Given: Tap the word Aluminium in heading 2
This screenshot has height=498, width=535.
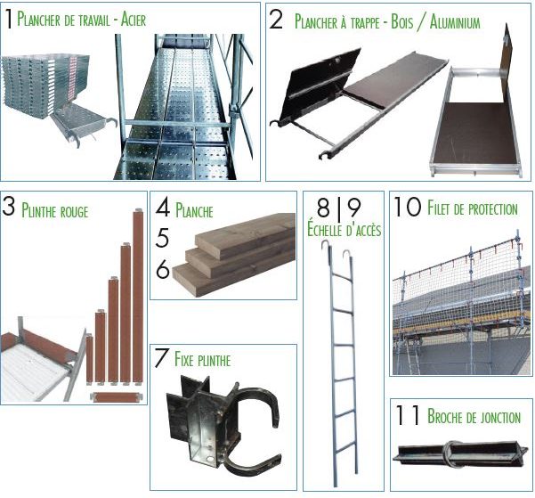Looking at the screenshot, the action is [x=455, y=22].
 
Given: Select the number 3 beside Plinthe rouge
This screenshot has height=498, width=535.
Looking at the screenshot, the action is [x=9, y=207].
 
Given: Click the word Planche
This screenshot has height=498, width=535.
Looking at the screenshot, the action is [x=194, y=209].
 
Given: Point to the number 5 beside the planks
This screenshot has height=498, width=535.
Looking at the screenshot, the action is [x=162, y=238].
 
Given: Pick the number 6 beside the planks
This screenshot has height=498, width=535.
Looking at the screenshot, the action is [x=163, y=269].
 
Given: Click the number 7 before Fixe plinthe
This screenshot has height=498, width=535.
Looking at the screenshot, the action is [x=161, y=357].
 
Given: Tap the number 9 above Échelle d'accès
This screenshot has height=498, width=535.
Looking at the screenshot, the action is [x=353, y=208].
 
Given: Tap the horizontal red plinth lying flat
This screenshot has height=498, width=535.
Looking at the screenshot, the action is [x=117, y=397].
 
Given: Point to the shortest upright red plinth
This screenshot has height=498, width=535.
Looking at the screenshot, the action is [x=89, y=359].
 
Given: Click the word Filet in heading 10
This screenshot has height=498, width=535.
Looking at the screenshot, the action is [x=439, y=208].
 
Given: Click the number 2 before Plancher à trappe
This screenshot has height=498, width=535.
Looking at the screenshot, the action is [x=276, y=20].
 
